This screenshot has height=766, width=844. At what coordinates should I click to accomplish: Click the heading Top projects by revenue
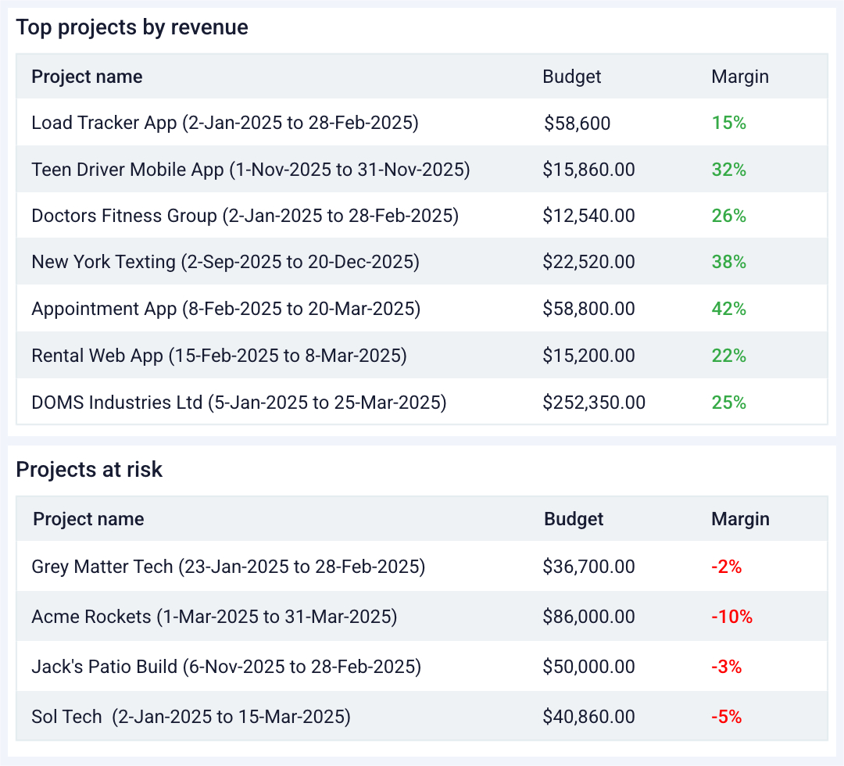click(132, 28)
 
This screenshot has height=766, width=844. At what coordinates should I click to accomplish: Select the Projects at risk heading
click(89, 470)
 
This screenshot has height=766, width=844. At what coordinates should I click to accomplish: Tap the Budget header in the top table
click(572, 77)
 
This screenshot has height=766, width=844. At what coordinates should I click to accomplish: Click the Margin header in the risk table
click(740, 519)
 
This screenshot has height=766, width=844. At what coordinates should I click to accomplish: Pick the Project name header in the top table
click(87, 77)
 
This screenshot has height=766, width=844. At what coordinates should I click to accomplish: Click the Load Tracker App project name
click(225, 123)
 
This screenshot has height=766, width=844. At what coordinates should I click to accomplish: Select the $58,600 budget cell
click(578, 123)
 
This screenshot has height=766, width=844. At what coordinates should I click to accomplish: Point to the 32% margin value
click(729, 170)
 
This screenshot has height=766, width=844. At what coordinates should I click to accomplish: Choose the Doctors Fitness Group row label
click(245, 216)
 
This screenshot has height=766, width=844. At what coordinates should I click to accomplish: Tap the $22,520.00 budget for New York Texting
click(588, 262)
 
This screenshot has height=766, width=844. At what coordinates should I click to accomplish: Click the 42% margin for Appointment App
click(729, 309)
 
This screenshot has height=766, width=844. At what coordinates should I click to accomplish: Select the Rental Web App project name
click(219, 356)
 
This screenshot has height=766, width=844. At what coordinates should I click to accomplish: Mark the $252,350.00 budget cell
click(594, 403)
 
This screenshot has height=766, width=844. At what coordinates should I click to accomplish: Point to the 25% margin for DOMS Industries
click(729, 403)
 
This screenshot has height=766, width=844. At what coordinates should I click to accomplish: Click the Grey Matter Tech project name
click(228, 567)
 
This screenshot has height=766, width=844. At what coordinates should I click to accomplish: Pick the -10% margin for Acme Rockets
click(731, 617)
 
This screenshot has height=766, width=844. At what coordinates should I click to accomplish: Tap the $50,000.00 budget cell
click(588, 667)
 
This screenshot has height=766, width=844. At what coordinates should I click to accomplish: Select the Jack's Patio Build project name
click(226, 667)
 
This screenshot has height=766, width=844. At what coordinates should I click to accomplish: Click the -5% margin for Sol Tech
click(726, 717)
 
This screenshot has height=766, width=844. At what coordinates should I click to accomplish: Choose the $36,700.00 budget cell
click(588, 567)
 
